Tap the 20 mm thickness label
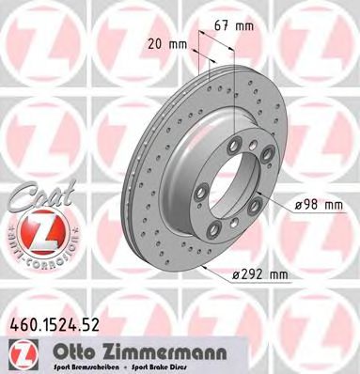[166, 44]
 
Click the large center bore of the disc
[234, 189]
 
